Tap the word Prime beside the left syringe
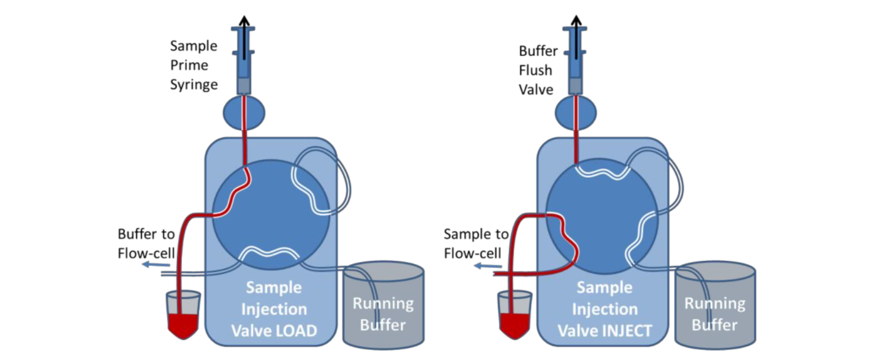click(189, 65)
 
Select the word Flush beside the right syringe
click(535, 70)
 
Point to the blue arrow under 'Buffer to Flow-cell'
click(156, 265)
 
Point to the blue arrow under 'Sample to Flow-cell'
click(488, 266)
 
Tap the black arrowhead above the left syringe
click(244, 20)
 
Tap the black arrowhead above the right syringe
click(576, 20)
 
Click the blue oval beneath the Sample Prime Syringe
click(244, 113)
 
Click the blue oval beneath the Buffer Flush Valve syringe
click(576, 113)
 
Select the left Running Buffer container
click(383, 305)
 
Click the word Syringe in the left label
click(194, 85)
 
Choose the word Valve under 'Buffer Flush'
click(536, 89)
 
